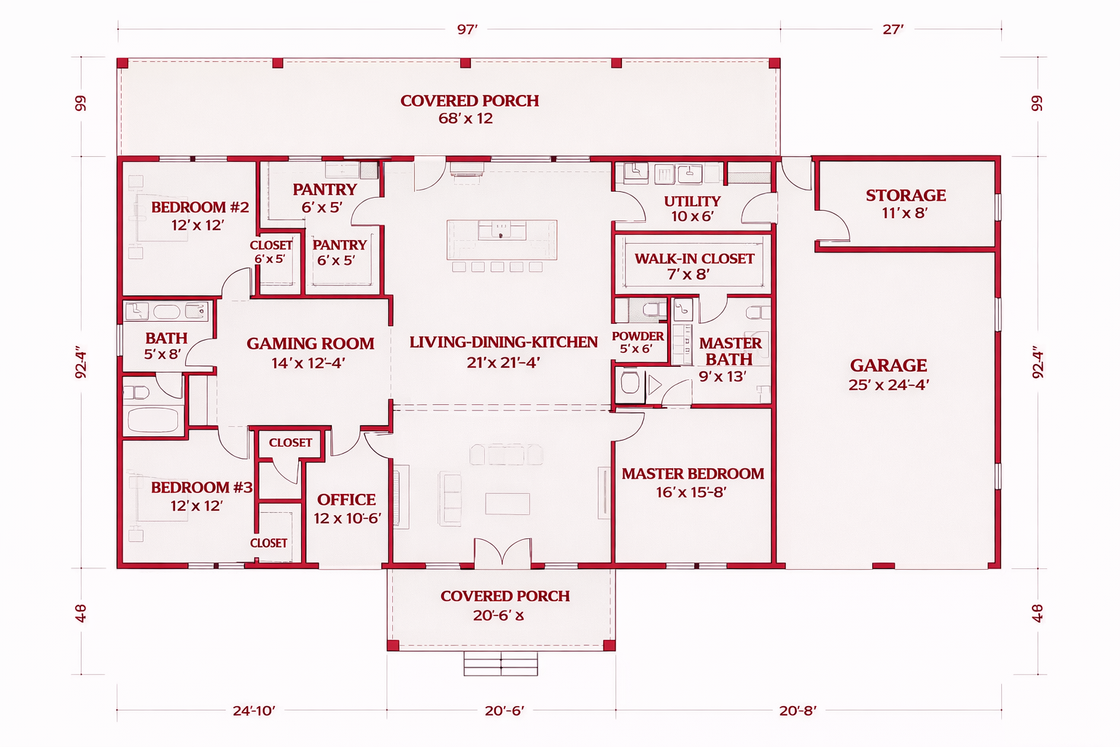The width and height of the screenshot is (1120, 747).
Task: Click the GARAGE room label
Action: coord(889,365)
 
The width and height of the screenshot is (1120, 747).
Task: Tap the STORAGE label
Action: coord(906,195)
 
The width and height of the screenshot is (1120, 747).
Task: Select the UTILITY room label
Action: coord(692,201)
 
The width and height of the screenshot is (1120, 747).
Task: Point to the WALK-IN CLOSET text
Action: coord(694,259)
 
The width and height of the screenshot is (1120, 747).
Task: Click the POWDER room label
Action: coord(637,336)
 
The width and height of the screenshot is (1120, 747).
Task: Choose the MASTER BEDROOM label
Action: coord(693,474)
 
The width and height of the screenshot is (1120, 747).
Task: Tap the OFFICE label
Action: coord(346,499)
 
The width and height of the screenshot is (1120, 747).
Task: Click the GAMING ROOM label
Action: coord(310,344)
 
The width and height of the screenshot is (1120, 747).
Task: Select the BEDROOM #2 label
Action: coord(200,207)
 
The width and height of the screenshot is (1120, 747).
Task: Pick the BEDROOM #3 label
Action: coord(201,487)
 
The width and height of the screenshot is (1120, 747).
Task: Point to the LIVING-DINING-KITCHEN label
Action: coord(504,342)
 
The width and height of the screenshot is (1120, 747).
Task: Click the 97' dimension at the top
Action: coord(467,29)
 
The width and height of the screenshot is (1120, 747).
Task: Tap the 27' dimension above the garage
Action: coord(893,29)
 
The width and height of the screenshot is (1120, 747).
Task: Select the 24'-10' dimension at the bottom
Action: coord(254,711)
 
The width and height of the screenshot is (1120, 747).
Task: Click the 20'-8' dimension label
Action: coord(798,711)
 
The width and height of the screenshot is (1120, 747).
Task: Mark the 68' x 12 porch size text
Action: coord(465,119)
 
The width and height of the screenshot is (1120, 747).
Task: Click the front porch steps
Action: coord(500,663)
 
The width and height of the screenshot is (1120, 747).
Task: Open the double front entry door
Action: coord(502,552)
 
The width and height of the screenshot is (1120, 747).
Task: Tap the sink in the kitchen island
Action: coord(501,231)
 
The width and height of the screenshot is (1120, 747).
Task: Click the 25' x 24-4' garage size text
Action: coord(889,384)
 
